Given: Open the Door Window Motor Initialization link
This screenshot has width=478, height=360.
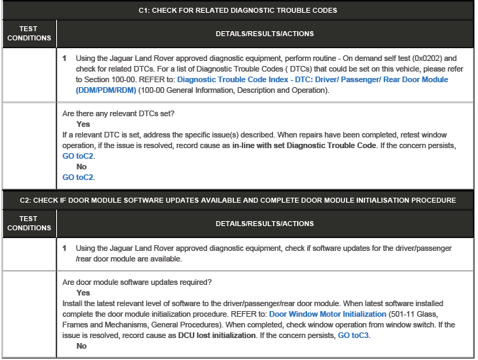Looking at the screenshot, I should tap(328, 314).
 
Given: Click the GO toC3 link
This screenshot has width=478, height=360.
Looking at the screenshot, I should tap(353, 335).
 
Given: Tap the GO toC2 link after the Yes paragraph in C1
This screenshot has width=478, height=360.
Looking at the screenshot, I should tap(79, 154).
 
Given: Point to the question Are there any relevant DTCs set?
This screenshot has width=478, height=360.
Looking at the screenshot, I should tap(118, 113).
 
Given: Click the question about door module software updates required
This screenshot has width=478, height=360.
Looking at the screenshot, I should tap(135, 282).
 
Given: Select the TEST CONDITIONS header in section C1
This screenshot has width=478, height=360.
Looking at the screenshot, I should tap(29, 33).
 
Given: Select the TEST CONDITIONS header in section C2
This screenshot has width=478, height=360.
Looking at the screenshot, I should tap(29, 224).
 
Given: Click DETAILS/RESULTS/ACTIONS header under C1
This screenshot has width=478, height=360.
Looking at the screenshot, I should tap(265, 33).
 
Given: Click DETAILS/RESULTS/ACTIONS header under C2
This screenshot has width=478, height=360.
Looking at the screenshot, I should tap(265, 224).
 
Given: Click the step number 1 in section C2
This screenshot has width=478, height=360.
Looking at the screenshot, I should tap(65, 249).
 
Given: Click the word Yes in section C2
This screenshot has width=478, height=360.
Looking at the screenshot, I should tap(83, 293).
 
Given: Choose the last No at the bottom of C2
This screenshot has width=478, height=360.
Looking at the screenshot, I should tap(81, 346).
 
